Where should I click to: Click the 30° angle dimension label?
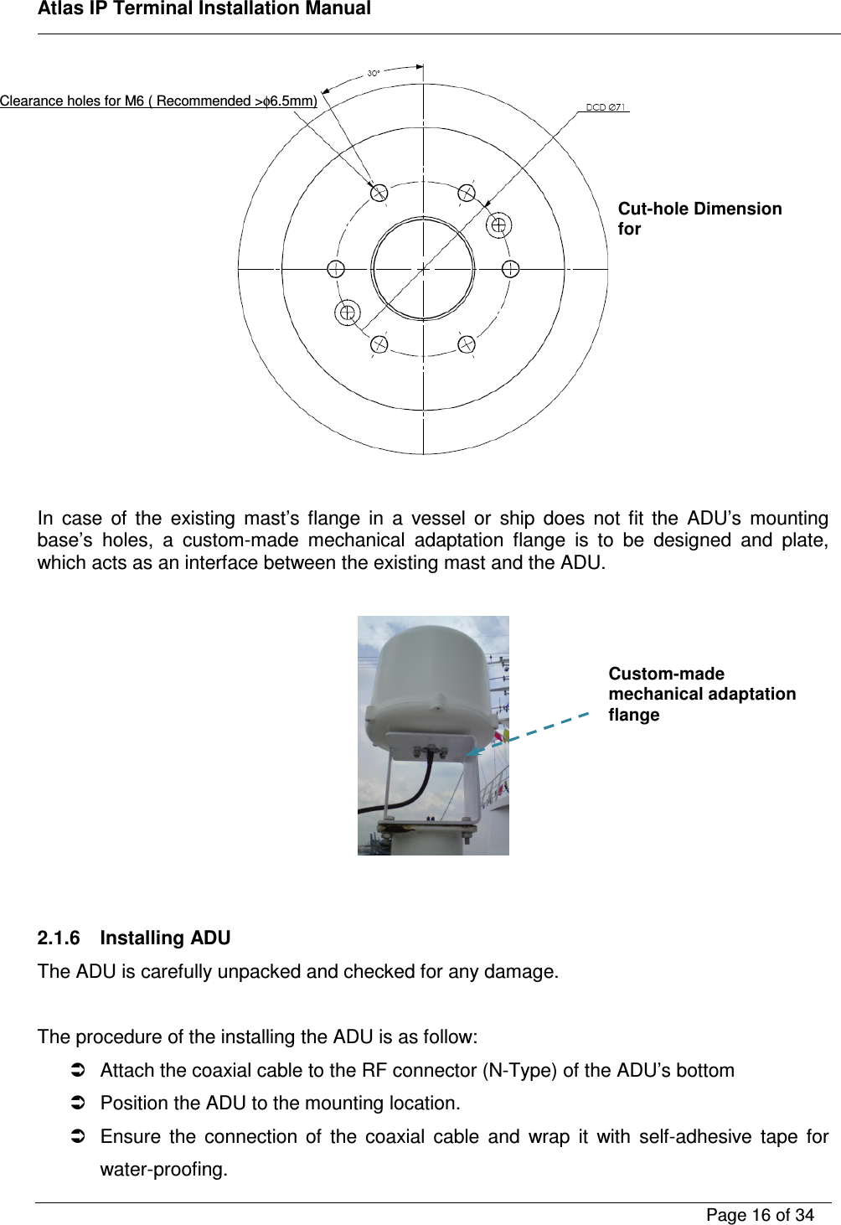coord(374,74)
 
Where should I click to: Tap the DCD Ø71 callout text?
coord(605,107)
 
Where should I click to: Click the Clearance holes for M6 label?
coord(158,101)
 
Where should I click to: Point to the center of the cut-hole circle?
coord(423,269)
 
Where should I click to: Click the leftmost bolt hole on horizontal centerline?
coord(336,269)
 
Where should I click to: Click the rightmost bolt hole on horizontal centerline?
coord(510,269)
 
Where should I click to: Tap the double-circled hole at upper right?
coord(498,225)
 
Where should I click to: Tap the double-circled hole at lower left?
coord(348,313)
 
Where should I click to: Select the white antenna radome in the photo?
coord(431,687)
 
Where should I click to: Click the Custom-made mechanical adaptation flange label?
coord(701,695)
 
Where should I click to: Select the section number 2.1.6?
coord(59,938)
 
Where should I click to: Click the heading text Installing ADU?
coord(165,938)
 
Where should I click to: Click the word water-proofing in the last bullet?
coord(163,1170)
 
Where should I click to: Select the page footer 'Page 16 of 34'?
coord(760,1215)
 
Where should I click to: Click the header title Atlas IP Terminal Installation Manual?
coord(204,9)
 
